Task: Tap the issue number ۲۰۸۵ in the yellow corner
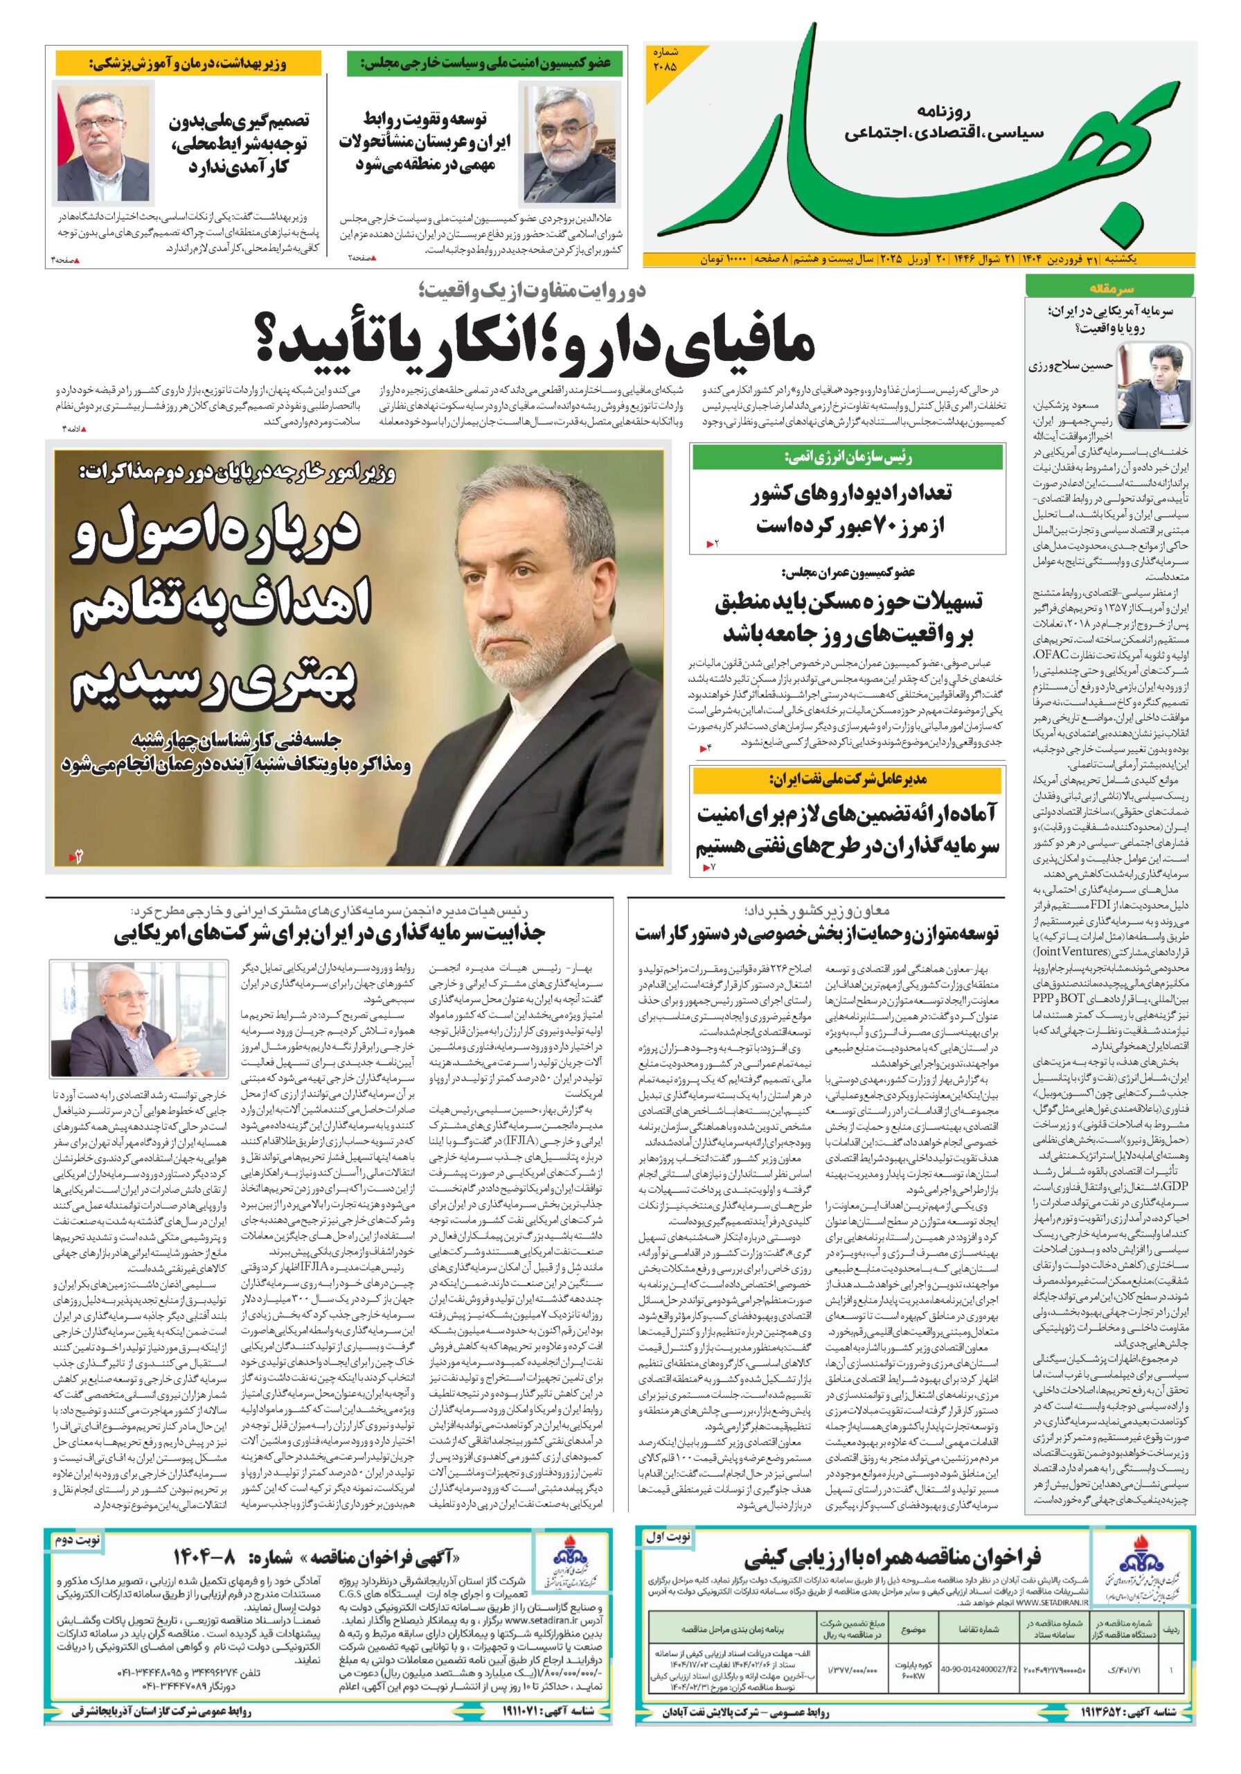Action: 664,60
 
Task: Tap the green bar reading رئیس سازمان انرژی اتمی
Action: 848,457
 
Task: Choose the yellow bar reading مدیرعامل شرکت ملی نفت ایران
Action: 848,780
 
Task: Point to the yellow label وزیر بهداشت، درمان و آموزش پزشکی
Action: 187,63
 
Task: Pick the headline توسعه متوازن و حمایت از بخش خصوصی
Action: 816,934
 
